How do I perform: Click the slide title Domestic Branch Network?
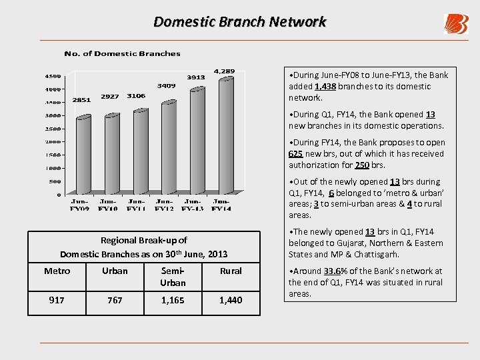(240, 21)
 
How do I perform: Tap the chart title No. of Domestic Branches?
(122, 53)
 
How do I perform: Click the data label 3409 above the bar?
(166, 86)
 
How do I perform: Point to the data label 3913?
(195, 77)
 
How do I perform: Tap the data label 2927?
(110, 97)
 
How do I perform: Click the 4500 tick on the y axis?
(53, 75)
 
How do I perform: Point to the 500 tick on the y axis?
(55, 181)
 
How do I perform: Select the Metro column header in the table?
(57, 271)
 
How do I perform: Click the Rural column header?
(231, 271)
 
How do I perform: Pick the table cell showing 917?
(57, 301)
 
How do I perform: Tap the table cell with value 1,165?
(173, 301)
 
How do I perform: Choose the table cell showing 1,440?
(231, 301)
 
